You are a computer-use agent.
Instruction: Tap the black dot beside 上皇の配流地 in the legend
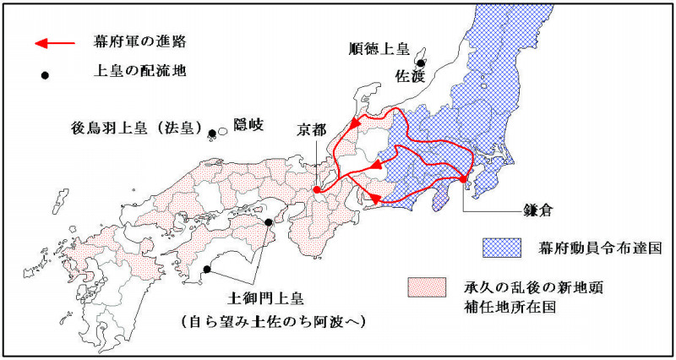46,74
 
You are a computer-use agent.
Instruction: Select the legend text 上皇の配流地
139,74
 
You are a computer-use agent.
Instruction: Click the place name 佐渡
410,74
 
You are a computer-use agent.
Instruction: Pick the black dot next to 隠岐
212,133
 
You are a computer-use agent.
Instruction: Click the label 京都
311,131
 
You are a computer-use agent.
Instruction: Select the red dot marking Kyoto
317,190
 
